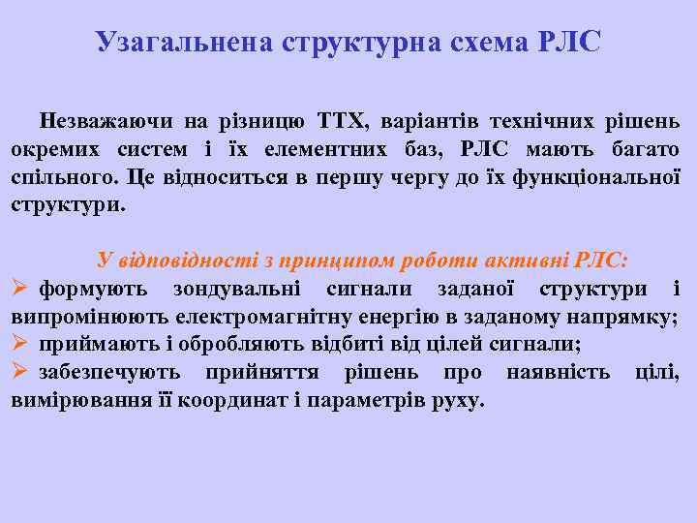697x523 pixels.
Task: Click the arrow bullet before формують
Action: (20, 289)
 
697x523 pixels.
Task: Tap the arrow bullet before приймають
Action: (20, 345)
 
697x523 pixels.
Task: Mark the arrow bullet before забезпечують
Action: (20, 373)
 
